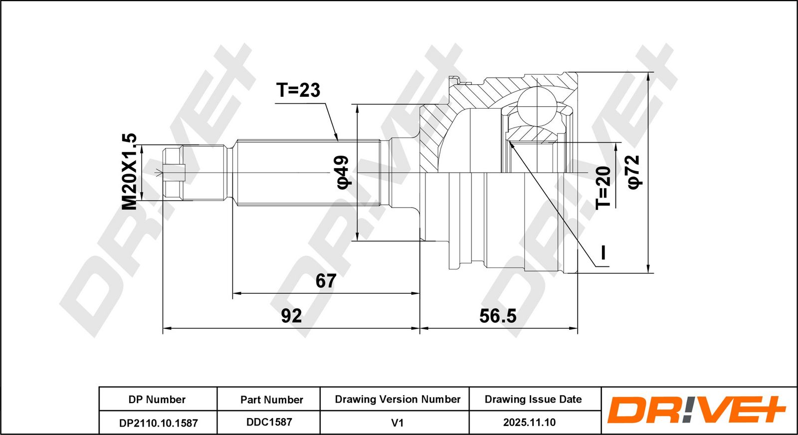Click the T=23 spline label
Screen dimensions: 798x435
pyautogui.click(x=298, y=90)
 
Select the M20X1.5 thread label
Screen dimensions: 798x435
pyautogui.click(x=129, y=172)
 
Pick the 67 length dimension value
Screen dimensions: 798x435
pyautogui.click(x=326, y=281)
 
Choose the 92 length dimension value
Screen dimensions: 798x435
pyautogui.click(x=291, y=316)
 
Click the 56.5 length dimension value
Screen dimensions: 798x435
pyautogui.click(x=498, y=316)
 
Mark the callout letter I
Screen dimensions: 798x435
pyautogui.click(x=603, y=252)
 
